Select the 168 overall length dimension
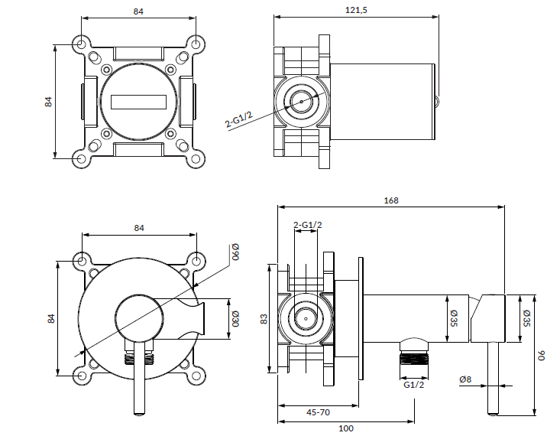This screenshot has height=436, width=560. (391, 200)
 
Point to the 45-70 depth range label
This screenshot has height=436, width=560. (318, 412)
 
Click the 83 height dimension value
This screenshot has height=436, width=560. (264, 319)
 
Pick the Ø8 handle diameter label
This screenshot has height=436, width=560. (465, 379)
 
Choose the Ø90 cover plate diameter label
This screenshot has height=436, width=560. (235, 253)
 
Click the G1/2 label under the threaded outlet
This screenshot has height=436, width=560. (413, 385)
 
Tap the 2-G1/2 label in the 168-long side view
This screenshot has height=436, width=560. (308, 224)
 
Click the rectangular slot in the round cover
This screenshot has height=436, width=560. (139, 102)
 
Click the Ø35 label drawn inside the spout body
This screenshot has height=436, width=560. (453, 317)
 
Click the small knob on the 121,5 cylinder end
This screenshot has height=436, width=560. (437, 99)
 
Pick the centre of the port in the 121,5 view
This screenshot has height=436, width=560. (303, 101)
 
